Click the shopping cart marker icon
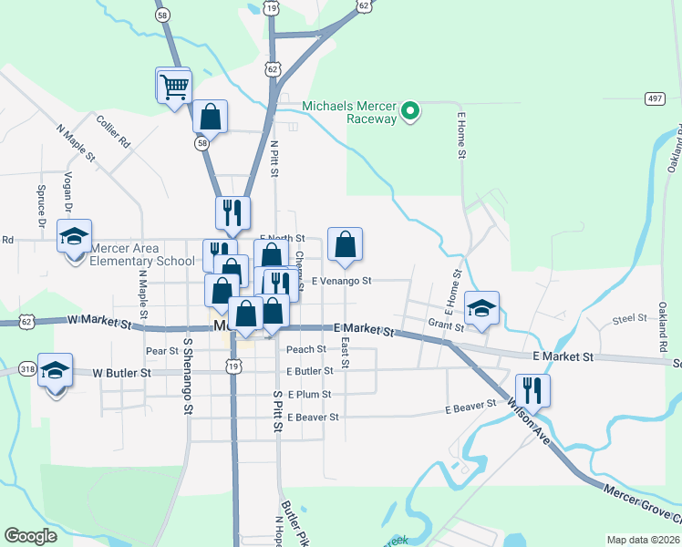coord(173,87)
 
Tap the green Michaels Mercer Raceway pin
coord(410,112)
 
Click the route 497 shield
coord(654,98)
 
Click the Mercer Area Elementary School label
coord(137,254)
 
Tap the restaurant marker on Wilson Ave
coord(533,391)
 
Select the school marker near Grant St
coord(482,308)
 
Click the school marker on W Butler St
coord(55,370)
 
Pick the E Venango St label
coord(341,281)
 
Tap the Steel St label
coord(629,319)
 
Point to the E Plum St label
coord(309,394)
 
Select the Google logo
coord(31,536)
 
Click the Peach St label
coord(306,349)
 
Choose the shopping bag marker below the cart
coord(210,117)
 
